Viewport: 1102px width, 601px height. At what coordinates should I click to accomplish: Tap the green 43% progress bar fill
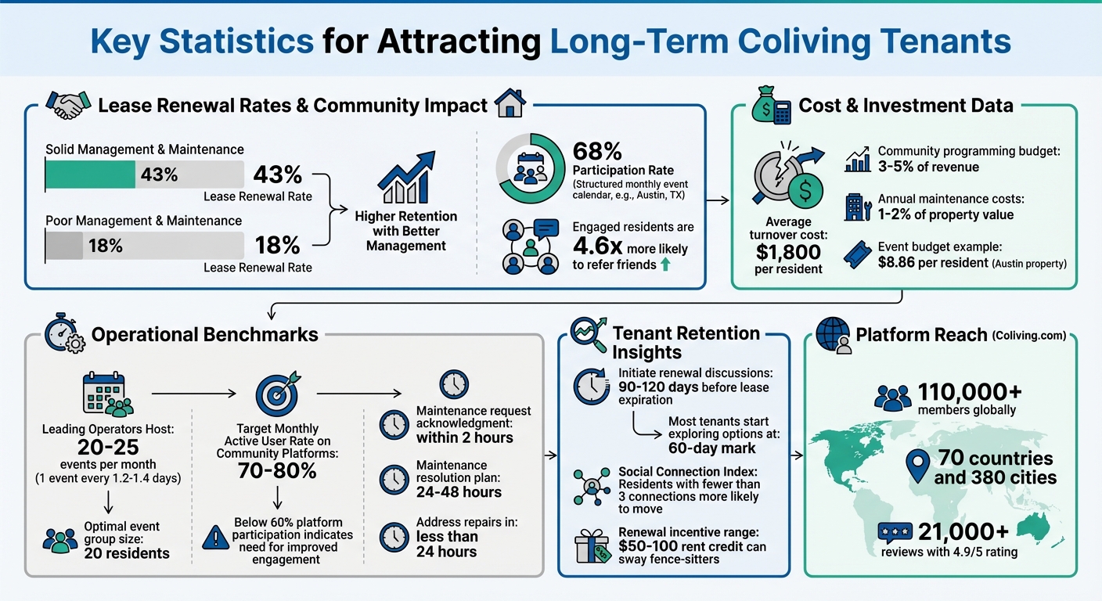coord(90,175)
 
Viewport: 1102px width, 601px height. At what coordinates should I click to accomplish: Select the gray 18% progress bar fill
coord(64,246)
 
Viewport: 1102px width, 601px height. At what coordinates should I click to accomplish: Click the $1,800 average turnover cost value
coord(788,251)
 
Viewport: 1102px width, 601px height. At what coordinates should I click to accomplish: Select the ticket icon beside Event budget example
coord(859,254)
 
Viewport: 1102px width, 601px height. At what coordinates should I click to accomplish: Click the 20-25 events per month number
coord(109,446)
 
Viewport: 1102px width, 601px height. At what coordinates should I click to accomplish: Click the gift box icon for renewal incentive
coord(592,545)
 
